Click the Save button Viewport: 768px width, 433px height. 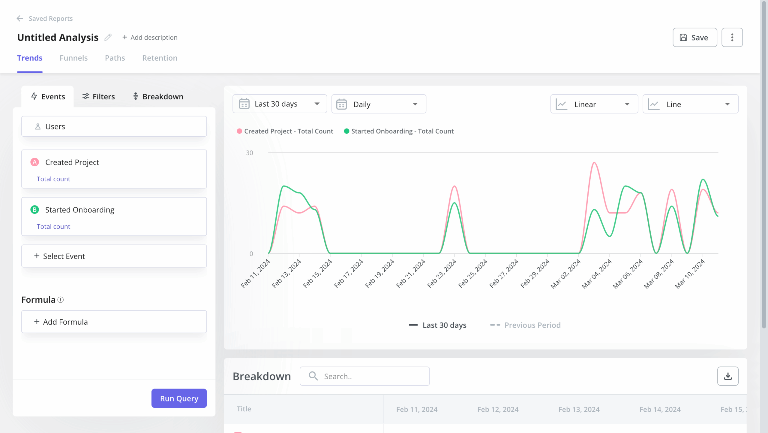[694, 38]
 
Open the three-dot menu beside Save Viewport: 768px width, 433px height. [732, 38]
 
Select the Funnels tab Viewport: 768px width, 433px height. [73, 58]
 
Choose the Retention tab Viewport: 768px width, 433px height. [160, 58]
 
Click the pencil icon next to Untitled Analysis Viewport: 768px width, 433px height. [108, 37]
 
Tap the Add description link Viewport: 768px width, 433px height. [150, 38]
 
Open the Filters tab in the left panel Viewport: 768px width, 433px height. [98, 97]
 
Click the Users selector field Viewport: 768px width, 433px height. [114, 126]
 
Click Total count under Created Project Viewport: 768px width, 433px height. [53, 179]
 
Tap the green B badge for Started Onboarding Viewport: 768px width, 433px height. [35, 210]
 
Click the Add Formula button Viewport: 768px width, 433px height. [114, 322]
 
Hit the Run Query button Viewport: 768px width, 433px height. [179, 398]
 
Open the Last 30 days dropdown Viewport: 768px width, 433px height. [279, 104]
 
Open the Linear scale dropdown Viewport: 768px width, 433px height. [594, 104]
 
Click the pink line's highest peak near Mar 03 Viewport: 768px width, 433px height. [594, 163]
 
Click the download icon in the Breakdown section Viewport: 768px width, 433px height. [727, 376]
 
